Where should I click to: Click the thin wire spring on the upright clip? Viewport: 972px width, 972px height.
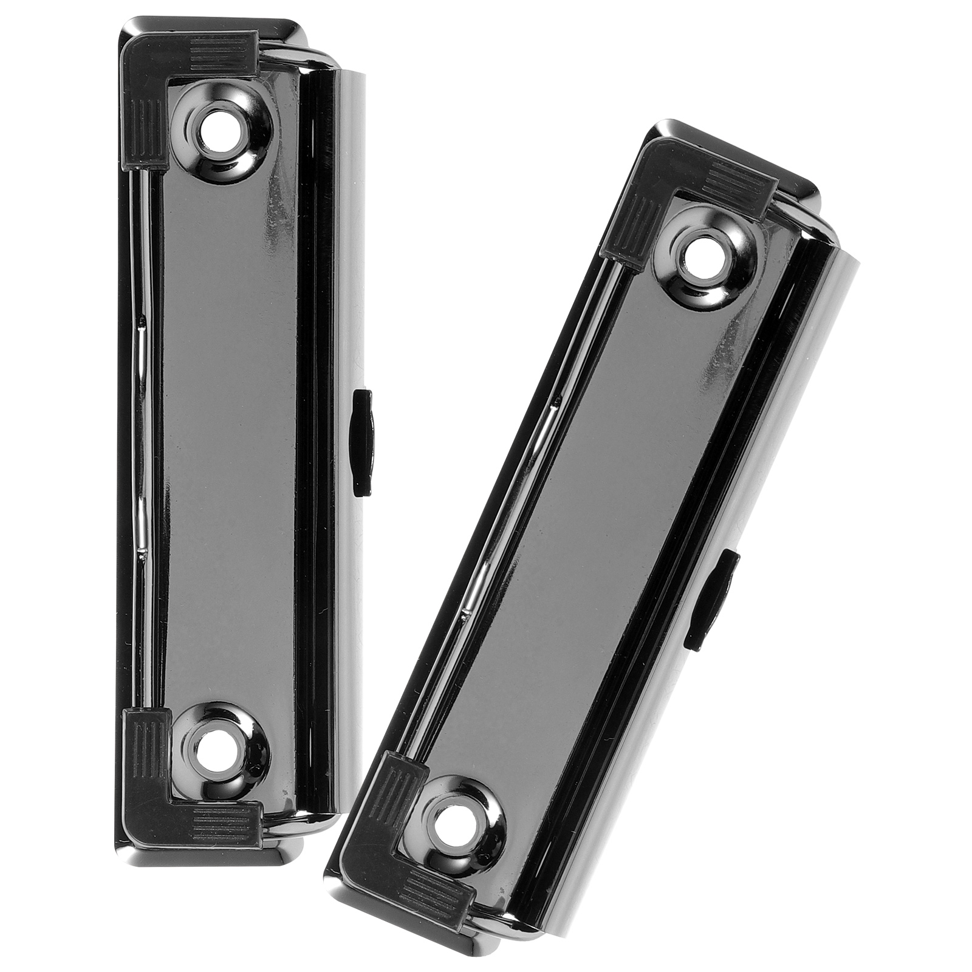click(142, 425)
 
